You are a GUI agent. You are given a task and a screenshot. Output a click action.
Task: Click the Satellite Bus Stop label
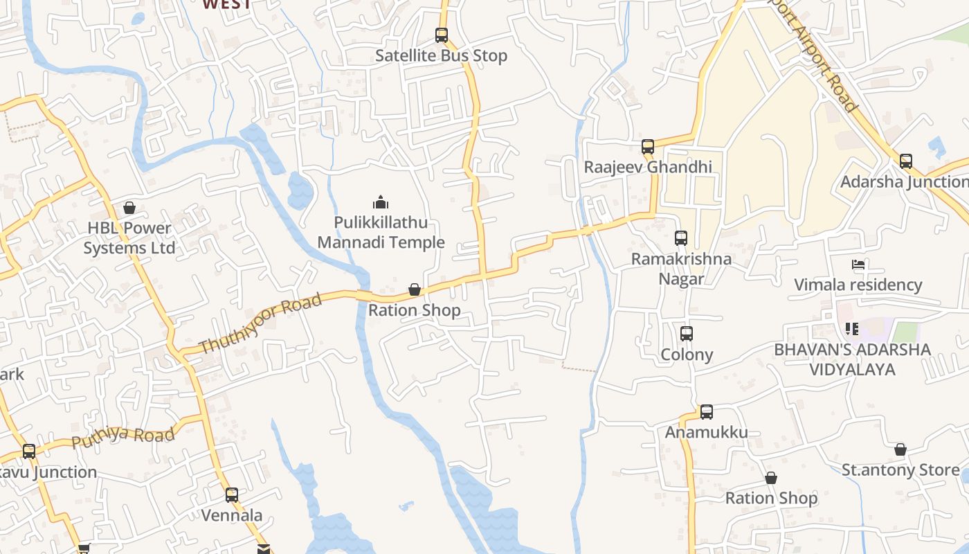441,56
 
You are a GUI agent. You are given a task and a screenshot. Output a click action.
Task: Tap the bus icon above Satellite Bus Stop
441,35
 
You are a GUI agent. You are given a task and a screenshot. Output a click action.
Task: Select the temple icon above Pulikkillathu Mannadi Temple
380,202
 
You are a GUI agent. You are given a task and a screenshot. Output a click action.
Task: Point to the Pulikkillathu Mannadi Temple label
381,233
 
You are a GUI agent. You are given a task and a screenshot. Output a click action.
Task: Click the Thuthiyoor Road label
260,323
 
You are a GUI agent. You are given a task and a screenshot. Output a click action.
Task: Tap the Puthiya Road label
123,437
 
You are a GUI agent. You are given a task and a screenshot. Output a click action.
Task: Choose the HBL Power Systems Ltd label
129,238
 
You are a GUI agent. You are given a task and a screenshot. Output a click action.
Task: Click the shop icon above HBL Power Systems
129,207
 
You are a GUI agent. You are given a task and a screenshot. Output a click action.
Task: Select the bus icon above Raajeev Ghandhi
648,147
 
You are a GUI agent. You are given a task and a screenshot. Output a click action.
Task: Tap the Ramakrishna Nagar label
681,269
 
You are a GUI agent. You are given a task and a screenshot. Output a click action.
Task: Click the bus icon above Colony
687,333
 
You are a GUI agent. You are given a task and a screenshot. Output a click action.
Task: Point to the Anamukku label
707,433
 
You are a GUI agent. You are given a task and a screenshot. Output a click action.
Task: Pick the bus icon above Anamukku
707,412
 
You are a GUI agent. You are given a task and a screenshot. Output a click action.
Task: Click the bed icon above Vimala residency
858,265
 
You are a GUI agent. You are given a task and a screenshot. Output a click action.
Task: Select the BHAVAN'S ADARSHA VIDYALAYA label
853,359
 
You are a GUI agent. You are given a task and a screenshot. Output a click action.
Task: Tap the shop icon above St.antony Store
900,450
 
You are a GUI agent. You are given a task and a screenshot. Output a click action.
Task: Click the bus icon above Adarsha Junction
906,161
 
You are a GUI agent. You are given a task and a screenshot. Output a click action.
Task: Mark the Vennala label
232,516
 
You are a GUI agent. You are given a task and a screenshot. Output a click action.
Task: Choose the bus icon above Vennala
232,495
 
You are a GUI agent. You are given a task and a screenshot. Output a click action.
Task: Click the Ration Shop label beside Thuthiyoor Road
414,310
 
